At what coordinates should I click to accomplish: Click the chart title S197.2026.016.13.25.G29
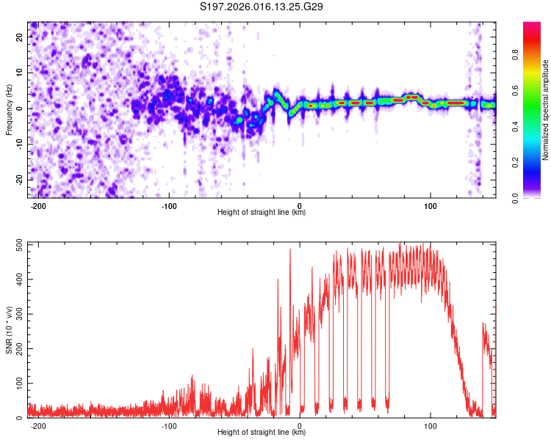click(x=262, y=7)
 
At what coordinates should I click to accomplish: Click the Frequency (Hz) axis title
click(x=8, y=109)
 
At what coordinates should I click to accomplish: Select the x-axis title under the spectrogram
click(x=262, y=213)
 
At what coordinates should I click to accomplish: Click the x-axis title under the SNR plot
click(x=262, y=433)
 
